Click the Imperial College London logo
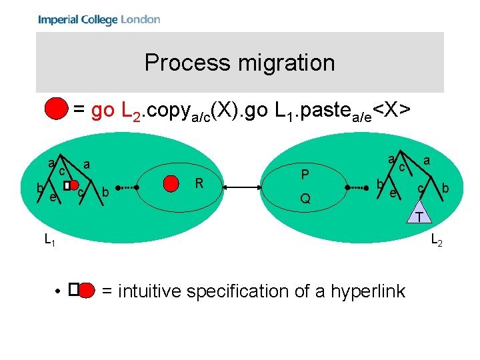[99, 19]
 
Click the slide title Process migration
[239, 63]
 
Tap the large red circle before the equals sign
[57, 109]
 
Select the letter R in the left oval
[198, 183]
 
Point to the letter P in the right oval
[304, 175]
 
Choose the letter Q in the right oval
[304, 199]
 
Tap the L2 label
[436, 240]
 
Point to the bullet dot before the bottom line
[59, 291]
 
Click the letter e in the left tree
[53, 196]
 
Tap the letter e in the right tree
[393, 193]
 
